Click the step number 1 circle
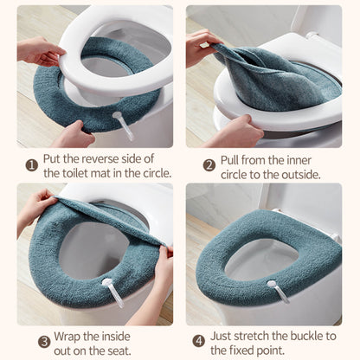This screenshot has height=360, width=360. [32, 166]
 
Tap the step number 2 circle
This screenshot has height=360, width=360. [209, 166]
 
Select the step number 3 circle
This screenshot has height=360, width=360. [44, 342]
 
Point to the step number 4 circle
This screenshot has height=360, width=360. [199, 342]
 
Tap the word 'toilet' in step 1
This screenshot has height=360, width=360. [75, 173]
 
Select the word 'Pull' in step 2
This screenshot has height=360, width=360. [229, 160]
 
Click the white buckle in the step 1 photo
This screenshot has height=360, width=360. [124, 125]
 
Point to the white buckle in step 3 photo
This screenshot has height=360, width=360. [113, 292]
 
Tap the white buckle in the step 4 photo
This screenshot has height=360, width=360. [278, 292]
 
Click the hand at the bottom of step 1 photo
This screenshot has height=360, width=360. [74, 135]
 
